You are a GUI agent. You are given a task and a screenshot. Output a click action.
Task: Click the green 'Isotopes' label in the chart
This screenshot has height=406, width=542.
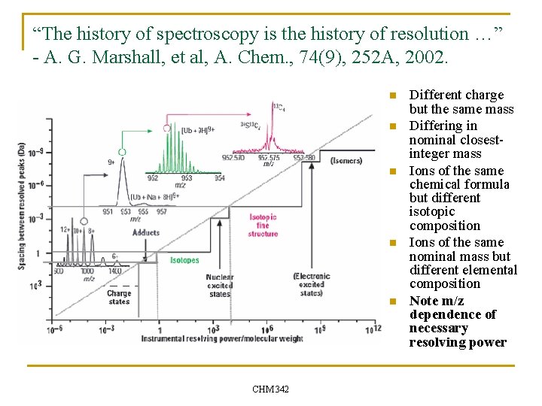tap(184, 260)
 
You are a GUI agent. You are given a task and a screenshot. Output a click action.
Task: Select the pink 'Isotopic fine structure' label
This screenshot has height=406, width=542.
tap(263, 225)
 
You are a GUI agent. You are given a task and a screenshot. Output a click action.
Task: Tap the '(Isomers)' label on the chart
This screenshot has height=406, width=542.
tap(346, 160)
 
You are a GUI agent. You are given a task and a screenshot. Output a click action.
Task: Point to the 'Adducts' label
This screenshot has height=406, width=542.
tap(145, 233)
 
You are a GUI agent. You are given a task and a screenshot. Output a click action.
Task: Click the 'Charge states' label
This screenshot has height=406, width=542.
tap(119, 297)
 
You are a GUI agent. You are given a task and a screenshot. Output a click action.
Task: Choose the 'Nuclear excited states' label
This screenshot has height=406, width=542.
tap(220, 286)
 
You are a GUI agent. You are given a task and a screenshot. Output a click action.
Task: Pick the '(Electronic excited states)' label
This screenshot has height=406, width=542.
tap(312, 284)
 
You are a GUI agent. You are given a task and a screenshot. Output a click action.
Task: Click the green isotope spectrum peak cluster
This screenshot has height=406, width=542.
tap(181, 154)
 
